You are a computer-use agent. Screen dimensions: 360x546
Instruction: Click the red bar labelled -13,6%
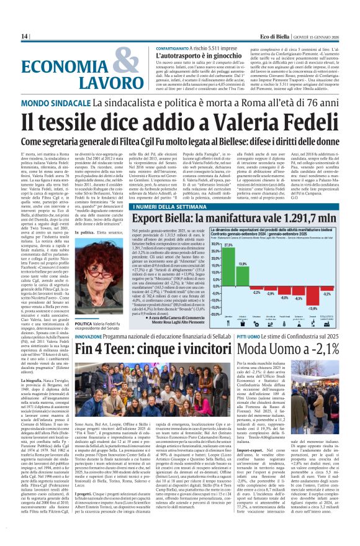click(313, 299)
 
